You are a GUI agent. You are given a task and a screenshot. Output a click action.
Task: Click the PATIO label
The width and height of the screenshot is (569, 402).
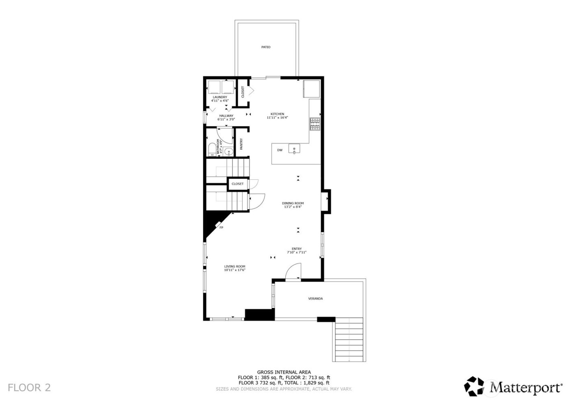(x=265, y=47)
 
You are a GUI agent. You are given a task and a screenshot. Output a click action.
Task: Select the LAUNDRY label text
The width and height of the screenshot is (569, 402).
(x=220, y=97)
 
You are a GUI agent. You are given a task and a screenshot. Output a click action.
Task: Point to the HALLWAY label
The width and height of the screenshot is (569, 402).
(x=226, y=115)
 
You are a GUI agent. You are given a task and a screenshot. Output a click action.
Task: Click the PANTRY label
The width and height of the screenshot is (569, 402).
(x=241, y=144)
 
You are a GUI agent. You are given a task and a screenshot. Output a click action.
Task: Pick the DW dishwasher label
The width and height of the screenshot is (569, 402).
(x=280, y=150)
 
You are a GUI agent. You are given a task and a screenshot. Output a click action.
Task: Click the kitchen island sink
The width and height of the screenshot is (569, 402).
(x=294, y=149)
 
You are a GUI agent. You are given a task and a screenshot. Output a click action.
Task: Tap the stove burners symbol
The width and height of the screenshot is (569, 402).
(x=315, y=124)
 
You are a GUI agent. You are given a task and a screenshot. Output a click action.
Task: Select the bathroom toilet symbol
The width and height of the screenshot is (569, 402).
(x=211, y=150)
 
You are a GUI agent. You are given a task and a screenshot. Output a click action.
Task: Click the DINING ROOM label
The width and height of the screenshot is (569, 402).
(x=293, y=203)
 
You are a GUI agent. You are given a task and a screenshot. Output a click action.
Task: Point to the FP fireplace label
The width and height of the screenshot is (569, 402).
(x=222, y=228)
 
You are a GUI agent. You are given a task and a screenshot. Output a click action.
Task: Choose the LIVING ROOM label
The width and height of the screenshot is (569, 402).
(x=235, y=267)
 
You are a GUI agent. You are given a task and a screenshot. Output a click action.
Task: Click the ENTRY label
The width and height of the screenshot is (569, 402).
(x=297, y=249)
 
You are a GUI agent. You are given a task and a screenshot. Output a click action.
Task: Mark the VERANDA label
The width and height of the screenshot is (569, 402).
(x=315, y=299)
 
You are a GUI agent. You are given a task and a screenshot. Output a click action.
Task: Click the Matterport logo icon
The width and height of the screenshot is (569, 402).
(x=476, y=386)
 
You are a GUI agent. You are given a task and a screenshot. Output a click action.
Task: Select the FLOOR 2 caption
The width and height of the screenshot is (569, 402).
(x=29, y=387)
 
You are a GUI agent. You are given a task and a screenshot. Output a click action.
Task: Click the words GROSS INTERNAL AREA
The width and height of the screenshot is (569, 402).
(x=284, y=372)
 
